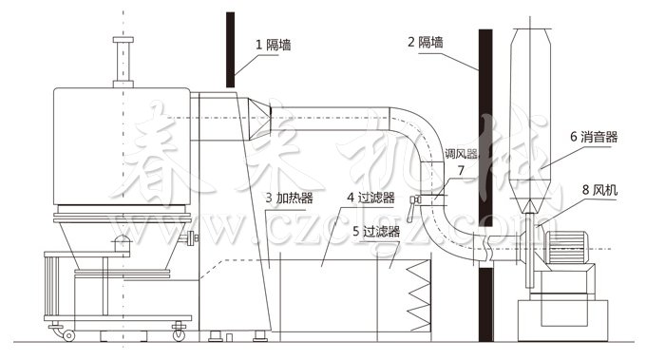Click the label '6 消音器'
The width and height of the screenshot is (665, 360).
[595, 137]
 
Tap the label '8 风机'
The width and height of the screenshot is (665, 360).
[598, 191]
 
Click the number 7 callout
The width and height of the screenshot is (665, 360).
[461, 171]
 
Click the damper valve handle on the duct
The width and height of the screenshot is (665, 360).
[416, 200]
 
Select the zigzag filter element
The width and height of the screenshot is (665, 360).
[418, 293]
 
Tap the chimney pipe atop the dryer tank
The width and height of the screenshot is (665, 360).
[121, 62]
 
